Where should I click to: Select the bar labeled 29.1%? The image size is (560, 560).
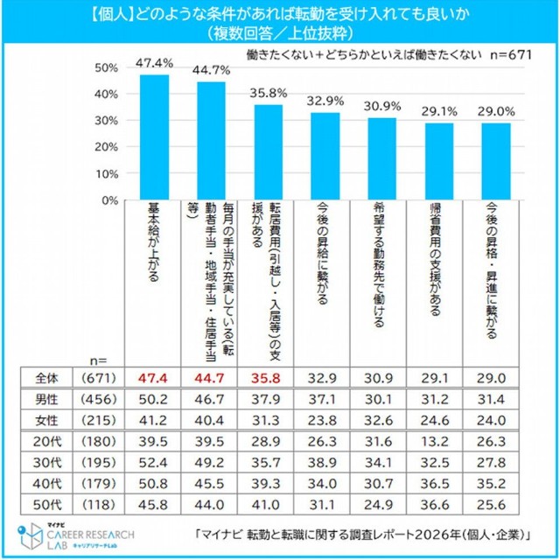(439, 162)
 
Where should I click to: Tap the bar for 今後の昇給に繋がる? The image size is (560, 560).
(325, 157)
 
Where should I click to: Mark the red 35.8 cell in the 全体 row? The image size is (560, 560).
(269, 377)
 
